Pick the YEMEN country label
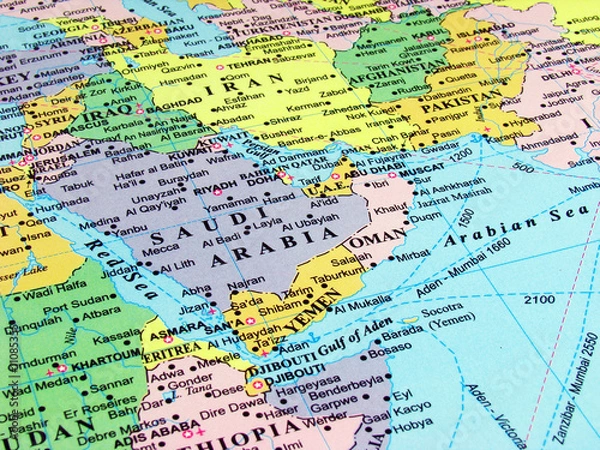tap(307, 323)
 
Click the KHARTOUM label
tap(103, 354)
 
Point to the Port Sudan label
tap(71, 306)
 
